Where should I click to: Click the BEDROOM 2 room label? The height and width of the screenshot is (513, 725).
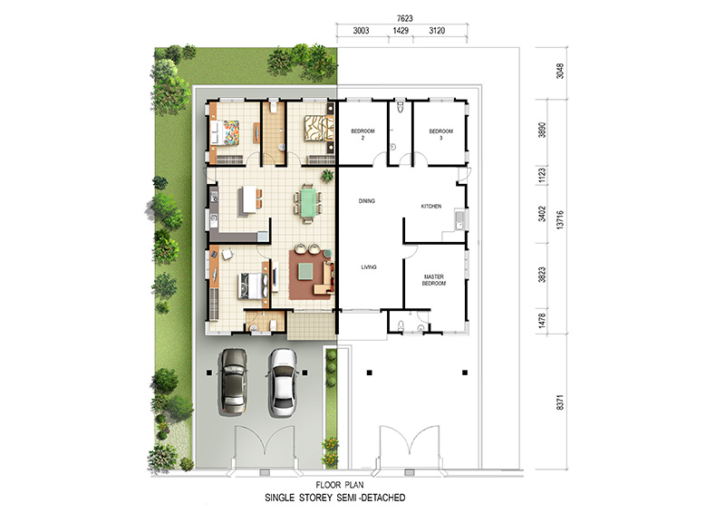[x=362, y=134]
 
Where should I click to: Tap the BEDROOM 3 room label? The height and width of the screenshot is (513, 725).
[x=441, y=134]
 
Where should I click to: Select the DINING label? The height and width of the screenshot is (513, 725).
[x=367, y=201]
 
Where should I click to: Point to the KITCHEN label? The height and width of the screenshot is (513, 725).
[x=431, y=207]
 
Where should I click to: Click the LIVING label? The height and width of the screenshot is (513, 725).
[x=369, y=266]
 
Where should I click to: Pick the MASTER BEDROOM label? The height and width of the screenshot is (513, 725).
[x=434, y=280]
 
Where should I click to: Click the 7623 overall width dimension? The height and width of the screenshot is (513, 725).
[x=404, y=18]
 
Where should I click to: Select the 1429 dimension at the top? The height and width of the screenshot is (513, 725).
[x=401, y=31]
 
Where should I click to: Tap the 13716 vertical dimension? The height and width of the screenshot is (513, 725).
[x=560, y=219]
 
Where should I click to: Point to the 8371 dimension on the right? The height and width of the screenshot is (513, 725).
[x=560, y=402]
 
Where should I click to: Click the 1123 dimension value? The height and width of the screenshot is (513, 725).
[x=542, y=175]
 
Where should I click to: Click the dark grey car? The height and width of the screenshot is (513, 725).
[x=233, y=381]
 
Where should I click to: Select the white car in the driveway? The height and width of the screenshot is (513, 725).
[x=283, y=382]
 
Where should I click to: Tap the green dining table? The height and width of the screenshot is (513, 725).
[x=309, y=202]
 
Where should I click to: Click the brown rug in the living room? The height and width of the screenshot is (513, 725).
[x=311, y=275]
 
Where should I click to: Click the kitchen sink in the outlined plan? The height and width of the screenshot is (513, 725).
[x=459, y=219]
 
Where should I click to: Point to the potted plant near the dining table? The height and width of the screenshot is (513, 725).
[x=328, y=175]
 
